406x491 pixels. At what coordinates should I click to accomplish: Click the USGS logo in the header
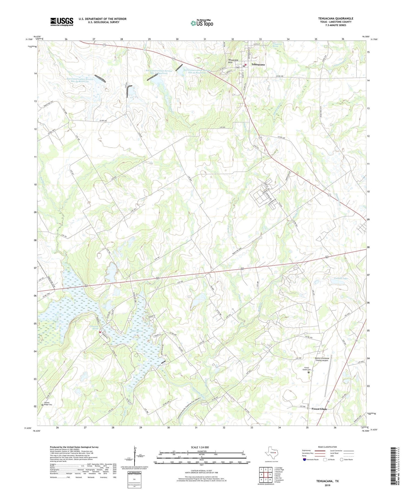62,22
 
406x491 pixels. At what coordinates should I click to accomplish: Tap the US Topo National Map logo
202,23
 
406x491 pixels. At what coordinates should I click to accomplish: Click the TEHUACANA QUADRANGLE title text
335,18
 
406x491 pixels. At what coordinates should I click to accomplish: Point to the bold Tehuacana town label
258,64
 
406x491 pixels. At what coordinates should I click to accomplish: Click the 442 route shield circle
237,67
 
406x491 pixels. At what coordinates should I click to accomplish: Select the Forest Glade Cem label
306,369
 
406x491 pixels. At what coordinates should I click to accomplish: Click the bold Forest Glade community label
319,409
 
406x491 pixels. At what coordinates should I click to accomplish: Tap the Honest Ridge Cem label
48,404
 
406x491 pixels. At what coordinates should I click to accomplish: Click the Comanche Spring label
93,327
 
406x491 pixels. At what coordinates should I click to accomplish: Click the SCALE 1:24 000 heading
201,447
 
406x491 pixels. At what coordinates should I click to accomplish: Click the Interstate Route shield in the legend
304,460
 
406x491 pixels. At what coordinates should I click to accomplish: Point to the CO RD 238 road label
281,76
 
